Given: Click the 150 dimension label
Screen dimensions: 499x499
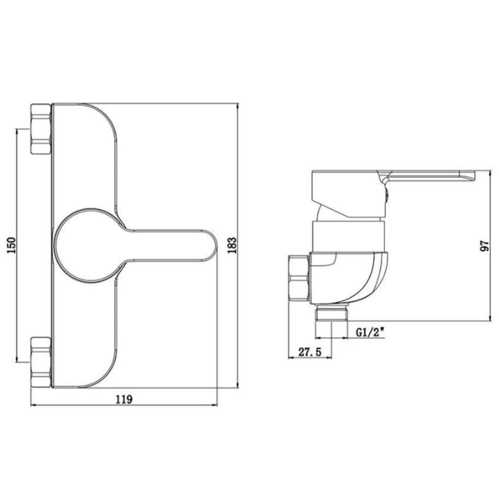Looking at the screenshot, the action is [x=11, y=245].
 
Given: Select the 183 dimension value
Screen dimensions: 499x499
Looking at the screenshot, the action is [x=232, y=245].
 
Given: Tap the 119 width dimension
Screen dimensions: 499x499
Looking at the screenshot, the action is [x=124, y=399].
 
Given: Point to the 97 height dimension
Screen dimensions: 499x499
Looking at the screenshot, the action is [x=484, y=246].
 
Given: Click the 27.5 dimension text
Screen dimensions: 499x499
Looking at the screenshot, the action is [x=309, y=352].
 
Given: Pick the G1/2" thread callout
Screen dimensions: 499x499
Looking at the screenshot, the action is [x=370, y=333].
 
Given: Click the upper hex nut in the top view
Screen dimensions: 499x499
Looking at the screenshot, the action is [x=41, y=129].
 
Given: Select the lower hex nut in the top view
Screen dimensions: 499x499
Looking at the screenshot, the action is [x=41, y=362].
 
